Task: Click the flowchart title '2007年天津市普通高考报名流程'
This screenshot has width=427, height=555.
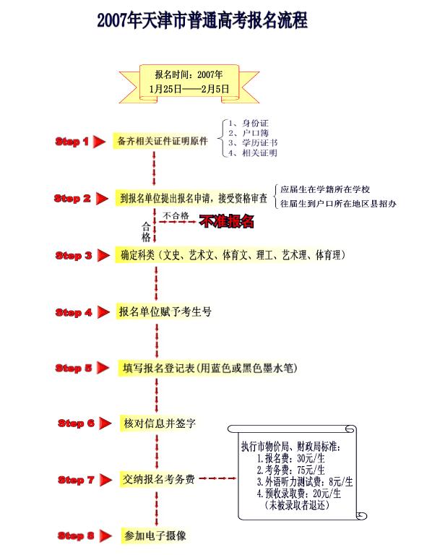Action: tap(202, 20)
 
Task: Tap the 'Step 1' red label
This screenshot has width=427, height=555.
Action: tap(72, 142)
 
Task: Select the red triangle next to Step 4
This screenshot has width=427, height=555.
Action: tap(103, 312)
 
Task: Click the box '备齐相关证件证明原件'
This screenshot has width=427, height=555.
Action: tap(163, 141)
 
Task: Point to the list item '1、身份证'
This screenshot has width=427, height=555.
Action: tap(249, 123)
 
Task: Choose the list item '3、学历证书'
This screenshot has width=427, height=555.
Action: tap(253, 143)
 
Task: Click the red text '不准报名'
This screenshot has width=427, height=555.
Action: tap(227, 222)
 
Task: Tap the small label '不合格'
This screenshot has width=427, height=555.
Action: tap(176, 215)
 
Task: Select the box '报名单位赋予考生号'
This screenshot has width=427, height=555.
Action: tap(165, 312)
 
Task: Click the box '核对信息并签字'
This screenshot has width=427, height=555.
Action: tap(160, 423)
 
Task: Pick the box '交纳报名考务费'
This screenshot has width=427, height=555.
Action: tap(158, 480)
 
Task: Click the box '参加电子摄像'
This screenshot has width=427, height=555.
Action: tap(155, 535)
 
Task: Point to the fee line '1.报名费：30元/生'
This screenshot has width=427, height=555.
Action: tap(290, 458)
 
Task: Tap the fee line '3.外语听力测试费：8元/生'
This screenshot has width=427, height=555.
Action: tap(305, 482)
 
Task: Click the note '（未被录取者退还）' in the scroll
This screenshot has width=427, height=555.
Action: tap(296, 505)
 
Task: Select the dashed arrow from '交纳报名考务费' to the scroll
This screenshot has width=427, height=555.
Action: tap(217, 478)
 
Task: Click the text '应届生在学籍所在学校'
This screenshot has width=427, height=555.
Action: tap(325, 189)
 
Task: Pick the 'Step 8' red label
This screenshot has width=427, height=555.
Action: tap(76, 536)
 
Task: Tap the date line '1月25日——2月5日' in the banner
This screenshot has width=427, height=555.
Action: tap(189, 89)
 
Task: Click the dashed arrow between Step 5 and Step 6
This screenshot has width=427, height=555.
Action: tap(157, 395)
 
